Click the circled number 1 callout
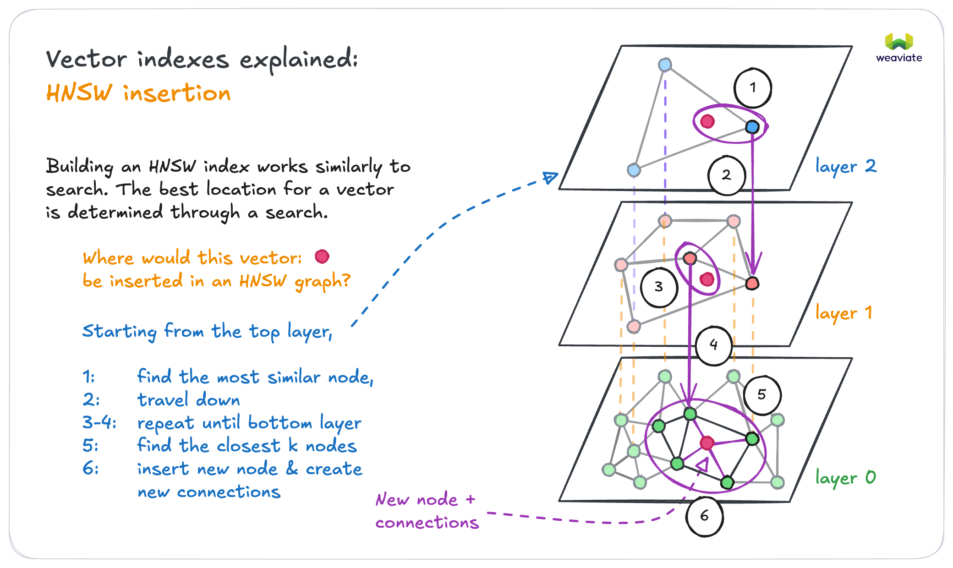coord(752,88)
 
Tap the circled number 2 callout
coord(726,175)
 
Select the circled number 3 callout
coord(659,287)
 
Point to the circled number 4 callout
coord(713,345)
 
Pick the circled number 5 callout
coord(762,395)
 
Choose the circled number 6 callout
coord(704,516)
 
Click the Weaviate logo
coord(899,48)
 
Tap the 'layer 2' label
coord(846,166)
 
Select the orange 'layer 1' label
coord(843,313)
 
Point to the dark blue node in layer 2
coord(752,127)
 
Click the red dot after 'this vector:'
coord(322,257)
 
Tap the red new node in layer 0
coord(707,443)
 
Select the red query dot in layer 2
coord(707,121)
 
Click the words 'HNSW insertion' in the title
coord(138,93)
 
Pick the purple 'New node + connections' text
coord(427,511)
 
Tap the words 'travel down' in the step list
coord(188,400)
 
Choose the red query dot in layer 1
coord(707,279)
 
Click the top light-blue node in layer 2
coord(665,65)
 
